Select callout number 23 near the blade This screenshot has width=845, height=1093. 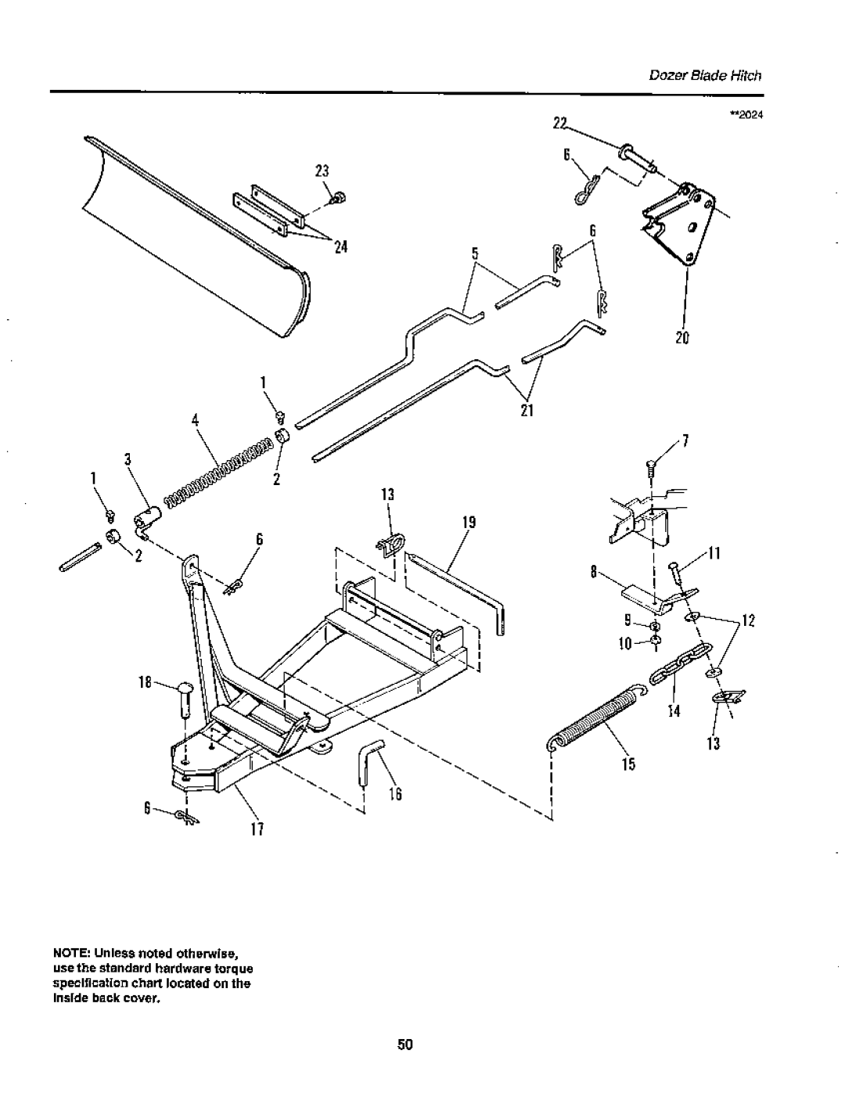pyautogui.click(x=322, y=171)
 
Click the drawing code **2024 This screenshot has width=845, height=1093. pyautogui.click(x=746, y=115)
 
